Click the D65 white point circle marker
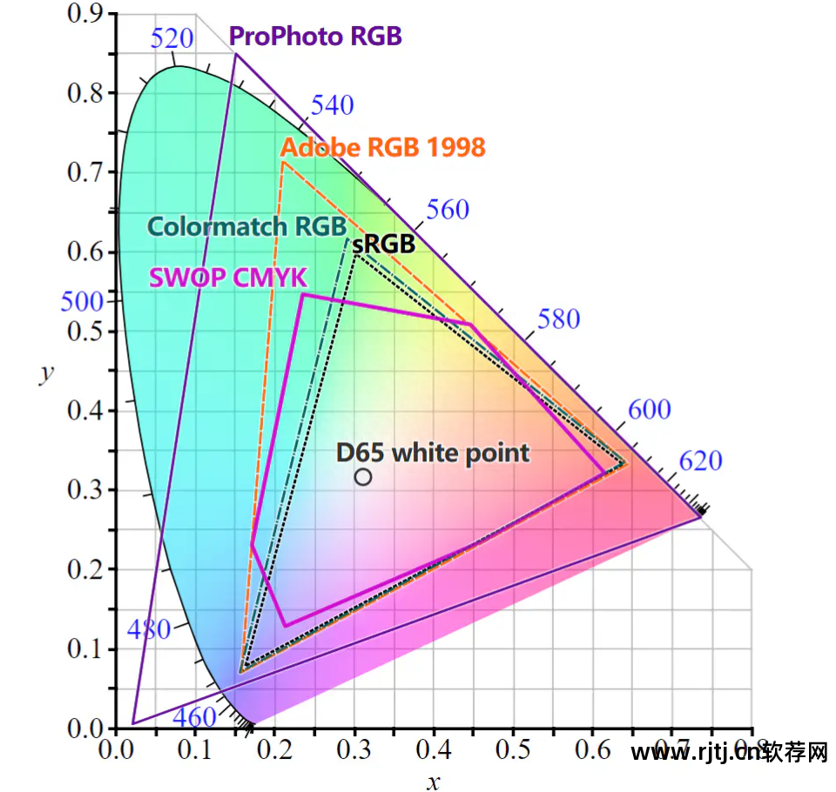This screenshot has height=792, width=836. pos(363,477)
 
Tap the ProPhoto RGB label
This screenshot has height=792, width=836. pos(315,37)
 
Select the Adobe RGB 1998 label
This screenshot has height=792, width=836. pos(383,147)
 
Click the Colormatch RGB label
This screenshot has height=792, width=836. pos(246,226)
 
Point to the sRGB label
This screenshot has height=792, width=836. pos(383,244)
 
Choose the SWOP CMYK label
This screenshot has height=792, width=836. pos(228,278)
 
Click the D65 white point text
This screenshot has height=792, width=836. pos(433,453)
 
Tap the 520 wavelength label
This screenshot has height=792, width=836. pos(172,38)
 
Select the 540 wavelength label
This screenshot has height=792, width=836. pos(333,105)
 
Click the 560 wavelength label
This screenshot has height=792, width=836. pos(448,210)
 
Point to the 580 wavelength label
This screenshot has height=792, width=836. pos(558,319)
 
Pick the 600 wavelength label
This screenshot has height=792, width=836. pos(649,409)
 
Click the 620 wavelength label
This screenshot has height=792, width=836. pos(700,460)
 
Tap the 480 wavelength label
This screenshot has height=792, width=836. pos(149,628)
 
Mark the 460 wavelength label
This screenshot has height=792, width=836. pos(193,717)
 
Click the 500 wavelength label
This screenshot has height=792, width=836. pos(82,302)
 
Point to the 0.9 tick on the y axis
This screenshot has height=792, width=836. pos(84,14)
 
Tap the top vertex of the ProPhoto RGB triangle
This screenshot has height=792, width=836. pos(235,55)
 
